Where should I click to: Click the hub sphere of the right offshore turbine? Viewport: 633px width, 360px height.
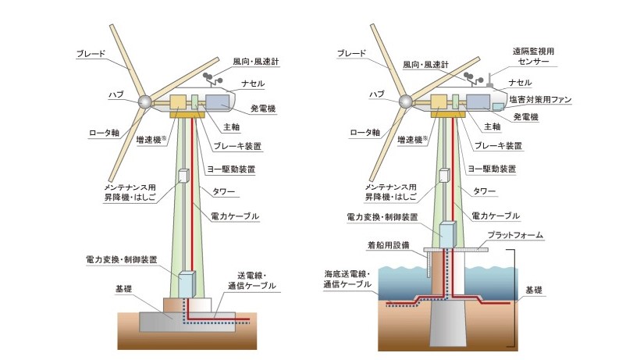point(405,102)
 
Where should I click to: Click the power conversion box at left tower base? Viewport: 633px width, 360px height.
point(187,284)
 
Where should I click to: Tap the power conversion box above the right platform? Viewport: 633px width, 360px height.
point(447,233)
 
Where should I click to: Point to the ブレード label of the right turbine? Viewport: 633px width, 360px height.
point(351,53)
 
